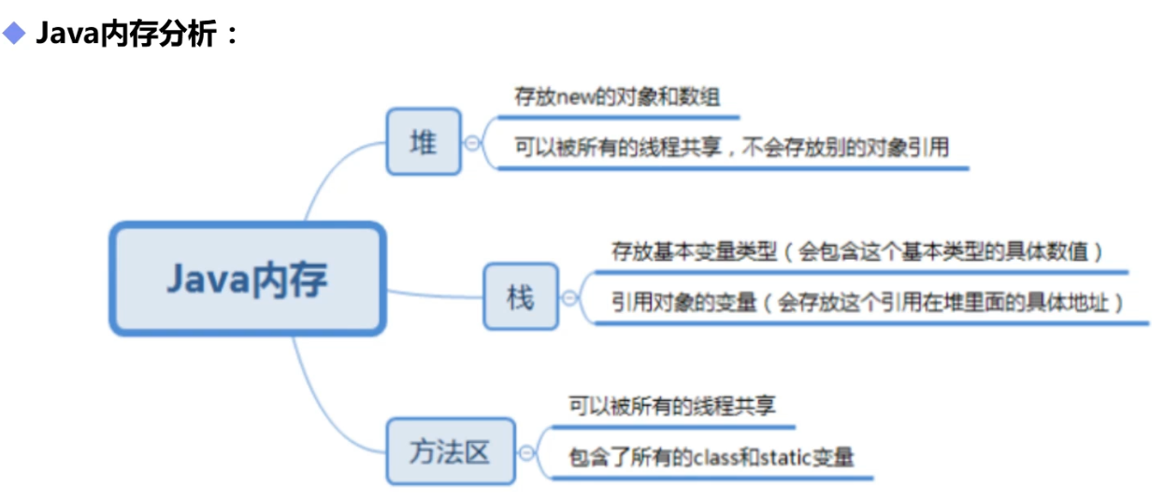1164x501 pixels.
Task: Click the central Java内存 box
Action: [x=248, y=279]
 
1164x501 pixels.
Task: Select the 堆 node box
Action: [x=424, y=141]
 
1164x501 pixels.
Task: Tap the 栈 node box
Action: [x=520, y=296]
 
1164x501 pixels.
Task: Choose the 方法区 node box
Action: [x=450, y=451]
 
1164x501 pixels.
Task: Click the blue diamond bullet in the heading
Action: [x=14, y=35]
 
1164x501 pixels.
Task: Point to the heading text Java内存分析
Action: [x=137, y=36]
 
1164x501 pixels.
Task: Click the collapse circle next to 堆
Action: [x=472, y=143]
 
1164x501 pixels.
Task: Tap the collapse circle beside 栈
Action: [x=569, y=298]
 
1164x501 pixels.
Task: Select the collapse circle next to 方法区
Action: [x=526, y=453]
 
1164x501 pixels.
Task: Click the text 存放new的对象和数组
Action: [x=617, y=96]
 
